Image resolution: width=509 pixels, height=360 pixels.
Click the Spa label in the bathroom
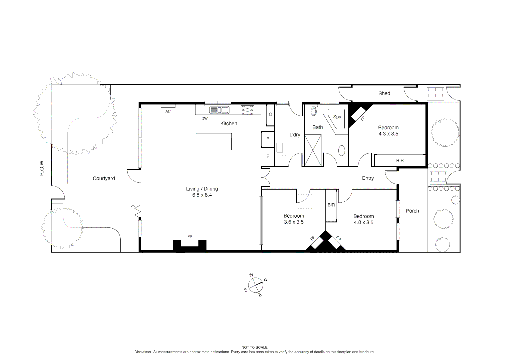click(337, 117)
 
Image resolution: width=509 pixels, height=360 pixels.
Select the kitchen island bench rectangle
click(214, 141)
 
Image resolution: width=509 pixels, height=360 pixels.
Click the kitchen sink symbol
click(219, 110)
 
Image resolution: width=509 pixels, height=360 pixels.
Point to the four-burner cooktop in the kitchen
click(247, 110)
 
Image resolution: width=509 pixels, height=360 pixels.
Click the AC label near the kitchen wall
click(168, 111)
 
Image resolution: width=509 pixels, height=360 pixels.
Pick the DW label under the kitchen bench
click(204, 119)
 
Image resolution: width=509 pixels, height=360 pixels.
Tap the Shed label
click(384, 93)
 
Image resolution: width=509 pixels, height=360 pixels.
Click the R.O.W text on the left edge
click(42, 168)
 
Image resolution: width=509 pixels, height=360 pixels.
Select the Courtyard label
click(104, 178)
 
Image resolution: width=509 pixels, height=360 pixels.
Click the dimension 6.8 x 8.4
click(202, 195)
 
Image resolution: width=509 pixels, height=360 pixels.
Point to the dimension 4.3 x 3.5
click(388, 134)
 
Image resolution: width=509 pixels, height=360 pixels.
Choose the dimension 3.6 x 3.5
click(293, 222)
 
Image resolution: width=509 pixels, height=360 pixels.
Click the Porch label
click(412, 211)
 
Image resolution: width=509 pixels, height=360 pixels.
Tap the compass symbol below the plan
click(255, 285)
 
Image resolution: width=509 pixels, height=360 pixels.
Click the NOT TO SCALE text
click(254, 347)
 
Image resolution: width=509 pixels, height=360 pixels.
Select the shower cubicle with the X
click(313, 150)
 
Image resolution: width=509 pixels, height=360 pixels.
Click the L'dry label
click(295, 135)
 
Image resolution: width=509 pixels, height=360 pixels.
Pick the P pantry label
click(268, 139)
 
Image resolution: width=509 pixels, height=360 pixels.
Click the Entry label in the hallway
click(368, 178)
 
